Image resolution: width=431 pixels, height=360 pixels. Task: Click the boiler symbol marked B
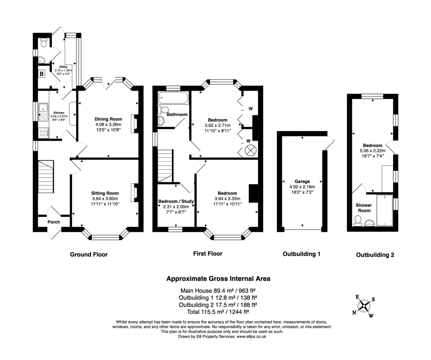[x=42, y=74]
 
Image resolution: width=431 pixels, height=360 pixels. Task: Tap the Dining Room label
[x=108, y=119]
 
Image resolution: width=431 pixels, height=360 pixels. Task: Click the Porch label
[x=54, y=222]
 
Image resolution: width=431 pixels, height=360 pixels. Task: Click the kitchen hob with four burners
[x=43, y=133]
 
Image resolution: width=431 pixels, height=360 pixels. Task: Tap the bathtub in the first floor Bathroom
[x=173, y=98]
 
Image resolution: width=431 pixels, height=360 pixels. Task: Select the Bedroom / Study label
[x=176, y=201]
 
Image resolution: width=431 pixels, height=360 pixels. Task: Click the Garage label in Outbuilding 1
[x=302, y=181]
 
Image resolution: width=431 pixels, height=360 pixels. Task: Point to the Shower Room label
[x=363, y=208]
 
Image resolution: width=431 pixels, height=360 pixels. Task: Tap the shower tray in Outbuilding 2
[x=384, y=210]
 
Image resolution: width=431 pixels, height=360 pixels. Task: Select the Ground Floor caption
[x=89, y=254]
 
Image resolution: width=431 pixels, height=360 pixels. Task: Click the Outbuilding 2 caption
[x=375, y=255]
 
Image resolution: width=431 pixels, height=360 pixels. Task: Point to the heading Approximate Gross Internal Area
[x=218, y=278]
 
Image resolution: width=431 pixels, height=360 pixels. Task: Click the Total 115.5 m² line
[x=218, y=312]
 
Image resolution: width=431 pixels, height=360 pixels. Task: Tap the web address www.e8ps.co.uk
[x=251, y=337]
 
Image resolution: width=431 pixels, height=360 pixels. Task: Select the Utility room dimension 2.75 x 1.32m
[x=63, y=70]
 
